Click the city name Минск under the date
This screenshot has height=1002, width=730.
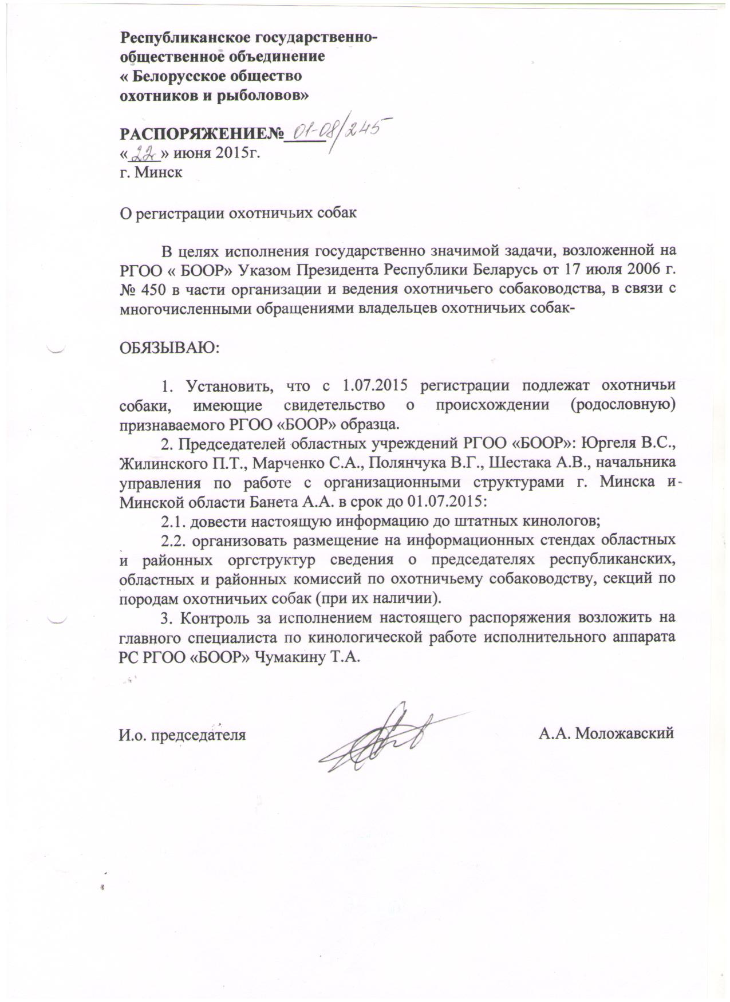click(x=159, y=172)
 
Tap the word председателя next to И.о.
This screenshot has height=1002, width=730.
click(x=198, y=735)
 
